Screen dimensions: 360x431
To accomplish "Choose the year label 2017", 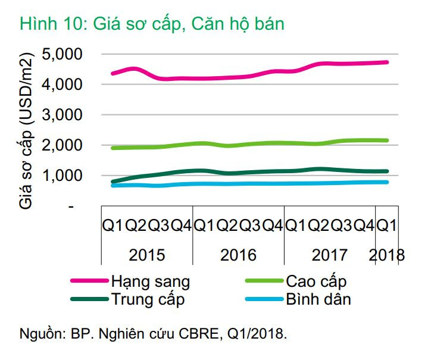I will point(330,255).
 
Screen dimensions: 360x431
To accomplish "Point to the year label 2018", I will point(386,255).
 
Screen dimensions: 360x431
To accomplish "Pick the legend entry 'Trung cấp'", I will point(148,299).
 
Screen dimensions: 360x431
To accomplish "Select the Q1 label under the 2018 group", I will point(388,226).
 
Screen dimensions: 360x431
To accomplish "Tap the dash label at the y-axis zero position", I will point(72,206).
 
